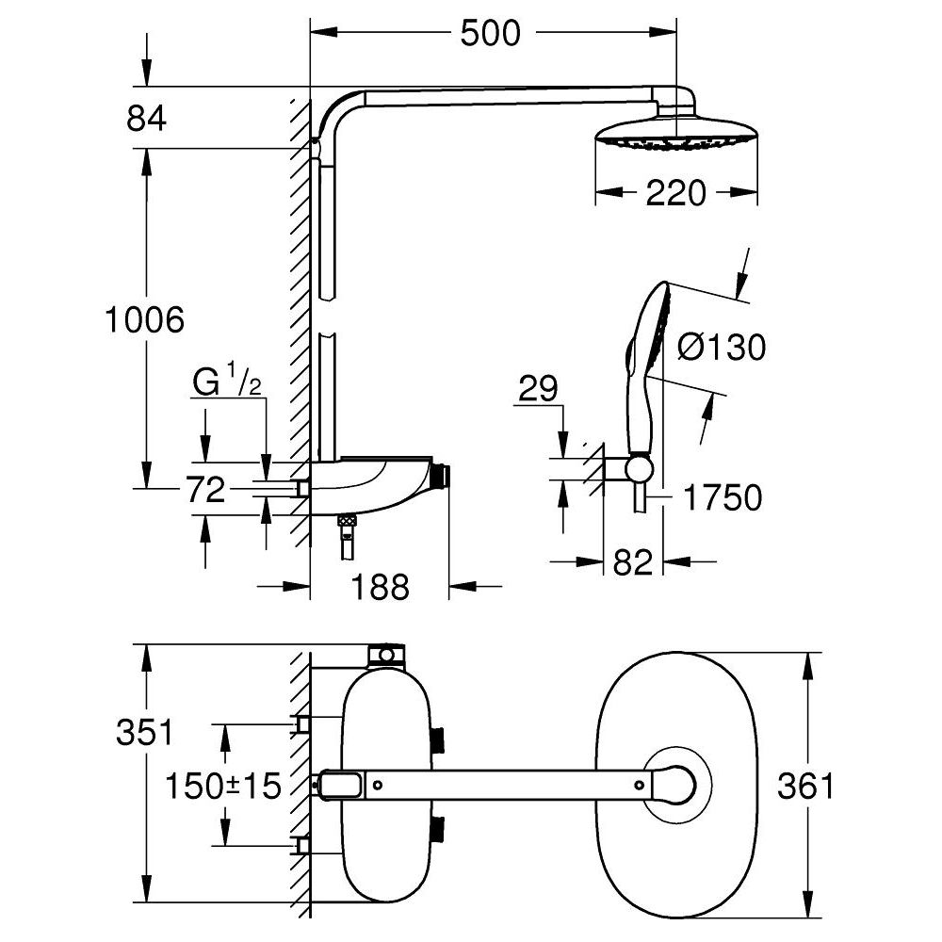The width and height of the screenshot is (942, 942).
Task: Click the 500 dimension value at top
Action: tap(490, 34)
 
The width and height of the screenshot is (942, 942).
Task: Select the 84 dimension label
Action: tap(146, 120)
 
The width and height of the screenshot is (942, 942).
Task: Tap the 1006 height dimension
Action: tap(144, 320)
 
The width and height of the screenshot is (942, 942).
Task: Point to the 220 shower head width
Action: tap(676, 193)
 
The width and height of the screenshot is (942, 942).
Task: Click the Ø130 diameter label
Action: tap(722, 348)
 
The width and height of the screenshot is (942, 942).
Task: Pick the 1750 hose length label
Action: tap(722, 497)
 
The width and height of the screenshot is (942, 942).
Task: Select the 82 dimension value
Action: tap(632, 562)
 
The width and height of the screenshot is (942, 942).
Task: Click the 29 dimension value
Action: tap(539, 388)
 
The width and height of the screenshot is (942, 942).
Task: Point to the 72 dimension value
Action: tap(205, 490)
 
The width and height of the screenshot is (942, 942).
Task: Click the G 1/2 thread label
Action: tap(227, 384)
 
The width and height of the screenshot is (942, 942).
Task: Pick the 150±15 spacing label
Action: tap(223, 785)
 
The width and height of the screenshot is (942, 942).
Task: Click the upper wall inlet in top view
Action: tap(303, 723)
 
